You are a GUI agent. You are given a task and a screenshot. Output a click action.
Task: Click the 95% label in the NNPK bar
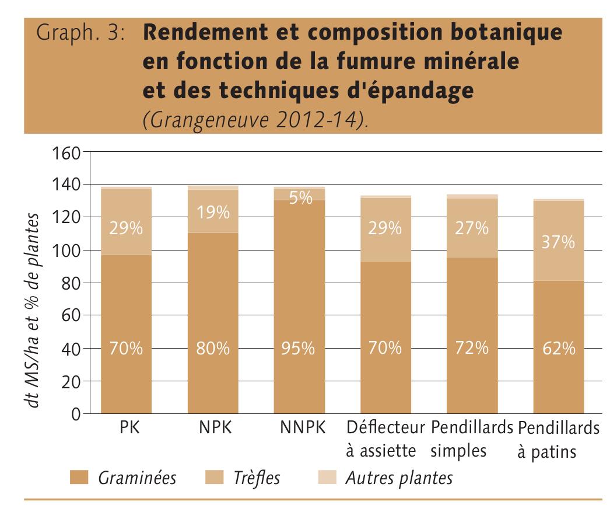click(298, 349)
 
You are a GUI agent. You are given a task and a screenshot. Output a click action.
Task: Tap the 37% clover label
click(558, 242)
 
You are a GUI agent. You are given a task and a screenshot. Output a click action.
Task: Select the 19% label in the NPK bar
click(213, 213)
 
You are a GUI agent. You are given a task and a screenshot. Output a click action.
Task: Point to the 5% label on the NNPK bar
click(300, 198)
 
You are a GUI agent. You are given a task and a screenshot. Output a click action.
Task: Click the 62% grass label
click(558, 349)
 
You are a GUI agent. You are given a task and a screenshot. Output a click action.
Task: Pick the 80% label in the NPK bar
click(213, 349)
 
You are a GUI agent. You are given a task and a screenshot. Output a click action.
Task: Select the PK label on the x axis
click(127, 429)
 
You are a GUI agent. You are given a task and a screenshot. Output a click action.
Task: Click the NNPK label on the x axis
click(302, 429)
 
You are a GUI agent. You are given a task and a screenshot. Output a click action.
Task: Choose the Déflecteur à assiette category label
click(385, 439)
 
